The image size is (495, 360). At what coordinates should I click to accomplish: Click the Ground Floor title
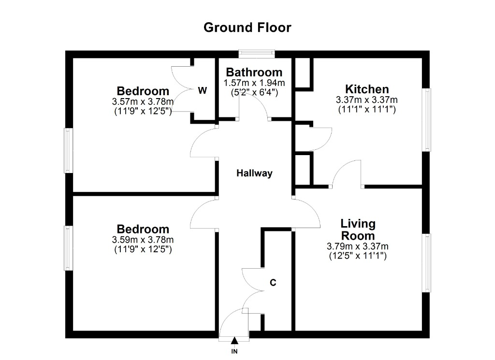[x=247, y=28]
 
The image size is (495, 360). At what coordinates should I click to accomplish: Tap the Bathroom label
[x=254, y=72]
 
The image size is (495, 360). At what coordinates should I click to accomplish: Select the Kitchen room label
[x=367, y=89]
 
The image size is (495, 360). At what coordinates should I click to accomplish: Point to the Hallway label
[x=254, y=173]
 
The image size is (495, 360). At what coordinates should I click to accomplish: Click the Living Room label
[x=358, y=230]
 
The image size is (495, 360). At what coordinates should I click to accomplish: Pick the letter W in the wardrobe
[x=203, y=90]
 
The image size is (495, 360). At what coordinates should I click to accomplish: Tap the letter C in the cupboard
[x=273, y=282]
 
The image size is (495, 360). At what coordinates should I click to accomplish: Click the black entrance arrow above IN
[x=234, y=341]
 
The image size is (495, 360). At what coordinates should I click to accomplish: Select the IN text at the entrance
[x=234, y=351]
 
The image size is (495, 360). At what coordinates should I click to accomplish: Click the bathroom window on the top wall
[x=257, y=54]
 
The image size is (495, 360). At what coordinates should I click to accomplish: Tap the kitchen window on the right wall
[x=426, y=119]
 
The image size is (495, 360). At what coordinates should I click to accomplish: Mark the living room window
[x=426, y=263]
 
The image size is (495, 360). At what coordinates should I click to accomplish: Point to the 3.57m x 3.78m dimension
[x=143, y=101]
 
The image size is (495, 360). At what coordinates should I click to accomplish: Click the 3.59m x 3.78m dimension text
[x=143, y=240]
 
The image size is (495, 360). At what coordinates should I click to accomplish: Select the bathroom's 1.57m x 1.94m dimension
[x=254, y=83]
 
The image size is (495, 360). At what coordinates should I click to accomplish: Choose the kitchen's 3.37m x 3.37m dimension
[x=367, y=100]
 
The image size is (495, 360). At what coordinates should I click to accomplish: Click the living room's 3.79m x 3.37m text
[x=358, y=246]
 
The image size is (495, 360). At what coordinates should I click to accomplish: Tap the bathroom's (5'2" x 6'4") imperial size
[x=254, y=92]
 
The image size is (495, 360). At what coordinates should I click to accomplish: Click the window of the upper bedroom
[x=69, y=150]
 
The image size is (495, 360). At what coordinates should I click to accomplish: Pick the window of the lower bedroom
[x=69, y=248]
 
